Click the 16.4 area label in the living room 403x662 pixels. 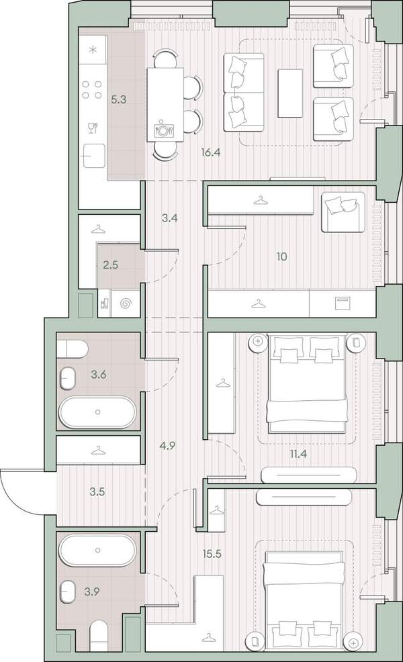[x=211, y=152]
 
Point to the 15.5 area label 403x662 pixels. [x=212, y=553]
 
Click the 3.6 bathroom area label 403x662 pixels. [x=98, y=374]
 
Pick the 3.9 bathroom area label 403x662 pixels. [x=91, y=592]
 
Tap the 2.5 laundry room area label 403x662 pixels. [x=110, y=265]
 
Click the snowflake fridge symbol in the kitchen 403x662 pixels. [x=93, y=50]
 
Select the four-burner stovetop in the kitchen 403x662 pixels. [x=93, y=89]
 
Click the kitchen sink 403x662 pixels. [x=93, y=156]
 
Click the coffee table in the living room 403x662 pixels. [x=290, y=93]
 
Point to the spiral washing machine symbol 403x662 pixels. [x=126, y=303]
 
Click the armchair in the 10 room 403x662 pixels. [x=343, y=212]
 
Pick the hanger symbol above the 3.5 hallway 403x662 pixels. [x=98, y=451]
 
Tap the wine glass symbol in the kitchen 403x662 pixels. [x=93, y=128]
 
